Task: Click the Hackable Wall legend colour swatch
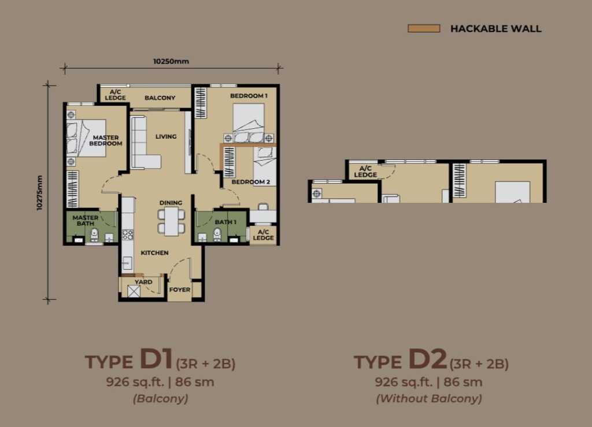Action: [x=424, y=28]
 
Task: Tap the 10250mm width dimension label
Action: [x=171, y=61]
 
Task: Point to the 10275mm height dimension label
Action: [x=40, y=193]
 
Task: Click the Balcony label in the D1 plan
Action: [x=160, y=98]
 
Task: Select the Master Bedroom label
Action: [x=106, y=140]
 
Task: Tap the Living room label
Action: [x=166, y=136]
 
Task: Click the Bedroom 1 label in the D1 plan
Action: [x=249, y=96]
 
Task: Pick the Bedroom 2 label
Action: [x=251, y=182]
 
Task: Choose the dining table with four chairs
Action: [x=171, y=221]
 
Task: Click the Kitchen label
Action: [x=154, y=253]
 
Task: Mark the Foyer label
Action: [x=180, y=289]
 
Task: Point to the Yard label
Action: [x=143, y=282]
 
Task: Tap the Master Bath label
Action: [x=86, y=220]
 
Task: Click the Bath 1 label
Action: [x=225, y=222]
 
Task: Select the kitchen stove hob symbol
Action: [x=128, y=235]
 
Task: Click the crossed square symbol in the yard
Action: [x=134, y=291]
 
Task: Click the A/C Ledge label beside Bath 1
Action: [x=263, y=235]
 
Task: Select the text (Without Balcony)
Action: [x=429, y=398]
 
